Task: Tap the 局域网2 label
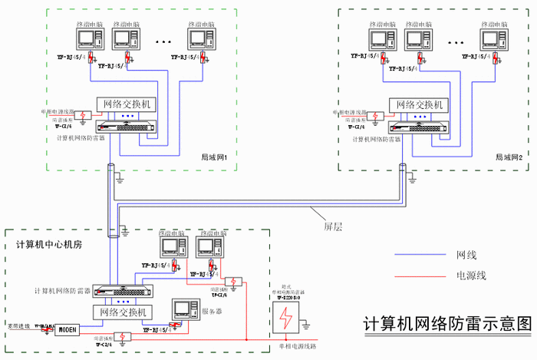pyautogui.click(x=508, y=157)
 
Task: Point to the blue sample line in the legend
pyautogui.click(x=420, y=254)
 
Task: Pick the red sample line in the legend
pyautogui.click(x=420, y=276)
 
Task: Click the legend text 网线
pyautogui.click(x=467, y=254)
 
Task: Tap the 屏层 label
pyautogui.click(x=334, y=226)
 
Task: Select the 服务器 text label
pyautogui.click(x=214, y=312)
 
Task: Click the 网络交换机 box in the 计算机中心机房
pyautogui.click(x=124, y=312)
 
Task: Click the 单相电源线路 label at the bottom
pyautogui.click(x=292, y=348)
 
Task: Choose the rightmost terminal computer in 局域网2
pyautogui.click(x=490, y=38)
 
